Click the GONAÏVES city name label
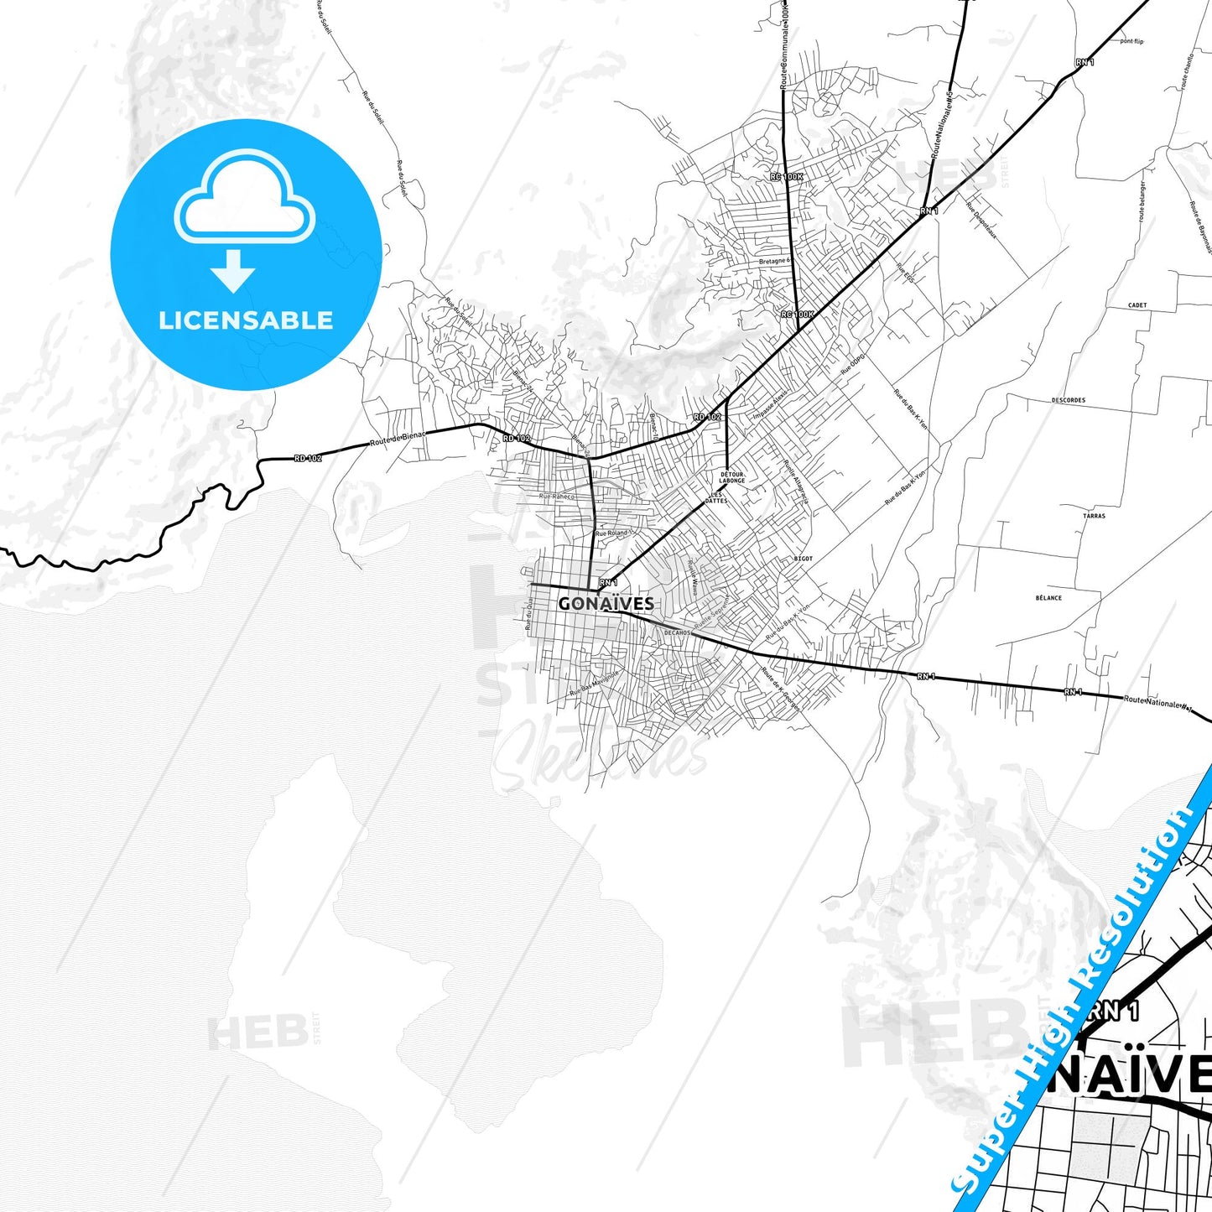(606, 603)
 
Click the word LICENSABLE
(246, 320)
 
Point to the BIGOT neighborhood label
(803, 559)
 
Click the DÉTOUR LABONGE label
(731, 477)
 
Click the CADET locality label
(1137, 305)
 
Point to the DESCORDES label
(1068, 400)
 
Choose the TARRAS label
(1094, 516)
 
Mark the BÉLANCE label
(1048, 598)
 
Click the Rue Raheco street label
(557, 497)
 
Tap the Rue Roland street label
(611, 533)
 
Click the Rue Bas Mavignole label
(595, 683)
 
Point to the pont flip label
(1131, 41)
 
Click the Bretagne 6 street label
(774, 261)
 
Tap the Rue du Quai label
(529, 616)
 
